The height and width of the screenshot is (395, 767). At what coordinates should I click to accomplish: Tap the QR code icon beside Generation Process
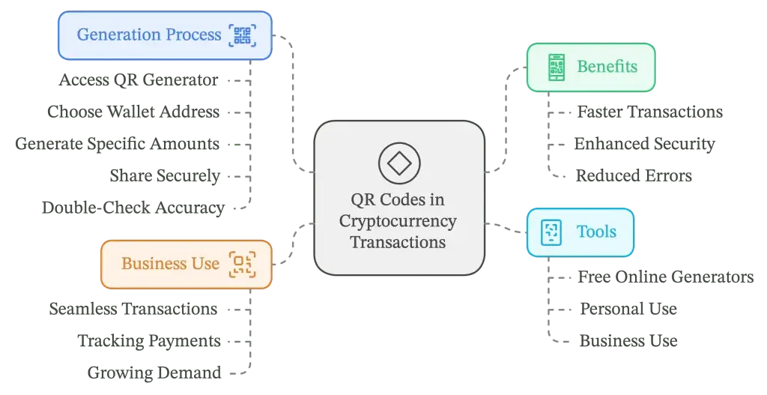click(x=243, y=35)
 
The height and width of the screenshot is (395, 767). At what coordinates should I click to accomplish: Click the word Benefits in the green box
click(x=607, y=67)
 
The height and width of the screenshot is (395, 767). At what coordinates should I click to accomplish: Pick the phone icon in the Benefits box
click(x=556, y=67)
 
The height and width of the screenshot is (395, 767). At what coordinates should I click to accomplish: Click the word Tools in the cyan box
click(x=595, y=232)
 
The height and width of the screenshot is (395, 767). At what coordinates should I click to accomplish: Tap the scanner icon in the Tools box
click(x=551, y=232)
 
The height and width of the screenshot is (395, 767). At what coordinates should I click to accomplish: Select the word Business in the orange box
click(x=154, y=264)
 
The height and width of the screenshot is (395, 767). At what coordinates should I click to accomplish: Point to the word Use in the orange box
click(x=205, y=264)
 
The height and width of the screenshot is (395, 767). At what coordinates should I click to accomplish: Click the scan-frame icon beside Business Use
click(x=243, y=264)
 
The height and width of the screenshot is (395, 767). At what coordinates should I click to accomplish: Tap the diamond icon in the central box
click(x=398, y=163)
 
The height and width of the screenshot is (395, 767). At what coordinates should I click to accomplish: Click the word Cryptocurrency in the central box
click(x=398, y=221)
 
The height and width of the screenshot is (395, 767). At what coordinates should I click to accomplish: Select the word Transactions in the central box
click(x=398, y=243)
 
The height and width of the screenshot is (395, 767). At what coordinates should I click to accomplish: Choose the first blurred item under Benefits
click(x=649, y=112)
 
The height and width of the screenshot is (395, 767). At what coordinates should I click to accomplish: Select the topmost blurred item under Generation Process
click(x=140, y=79)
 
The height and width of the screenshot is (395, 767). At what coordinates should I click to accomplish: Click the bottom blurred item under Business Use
click(x=153, y=372)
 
